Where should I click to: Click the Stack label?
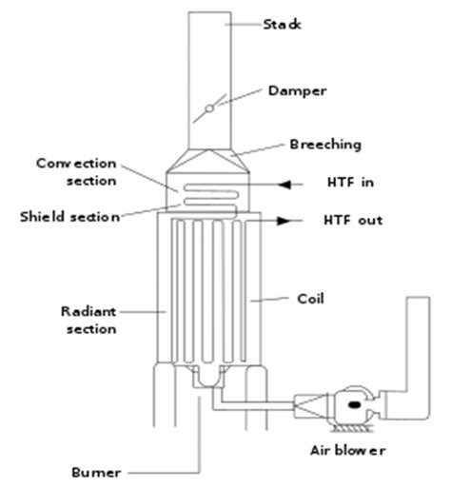click(x=282, y=25)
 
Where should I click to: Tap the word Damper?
click(x=297, y=91)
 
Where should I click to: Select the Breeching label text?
click(x=325, y=145)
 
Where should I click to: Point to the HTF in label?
click(x=350, y=183)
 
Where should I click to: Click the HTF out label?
click(x=353, y=220)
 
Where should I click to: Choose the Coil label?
click(x=310, y=299)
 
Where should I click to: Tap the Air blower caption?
click(x=347, y=450)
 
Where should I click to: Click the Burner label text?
click(x=96, y=473)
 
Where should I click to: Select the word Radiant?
click(x=88, y=311)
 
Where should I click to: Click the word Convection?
click(x=76, y=164)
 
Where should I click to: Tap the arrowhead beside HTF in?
click(x=284, y=185)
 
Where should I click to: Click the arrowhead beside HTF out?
click(x=284, y=221)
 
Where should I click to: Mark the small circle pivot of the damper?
click(x=209, y=108)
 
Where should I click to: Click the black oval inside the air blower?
click(x=354, y=404)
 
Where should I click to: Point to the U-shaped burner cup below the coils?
click(x=208, y=377)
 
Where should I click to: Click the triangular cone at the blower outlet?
click(x=311, y=405)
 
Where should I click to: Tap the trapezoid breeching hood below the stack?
click(x=208, y=161)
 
